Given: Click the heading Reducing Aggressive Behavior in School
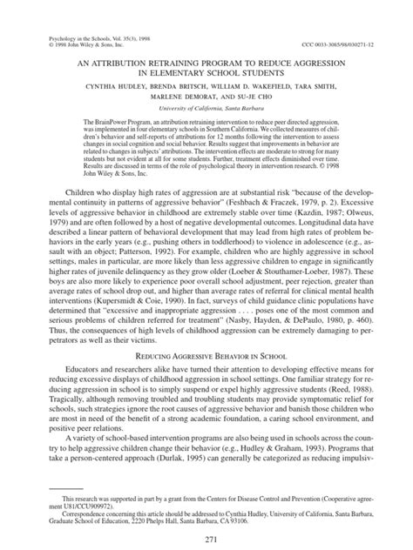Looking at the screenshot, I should [206, 355].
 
